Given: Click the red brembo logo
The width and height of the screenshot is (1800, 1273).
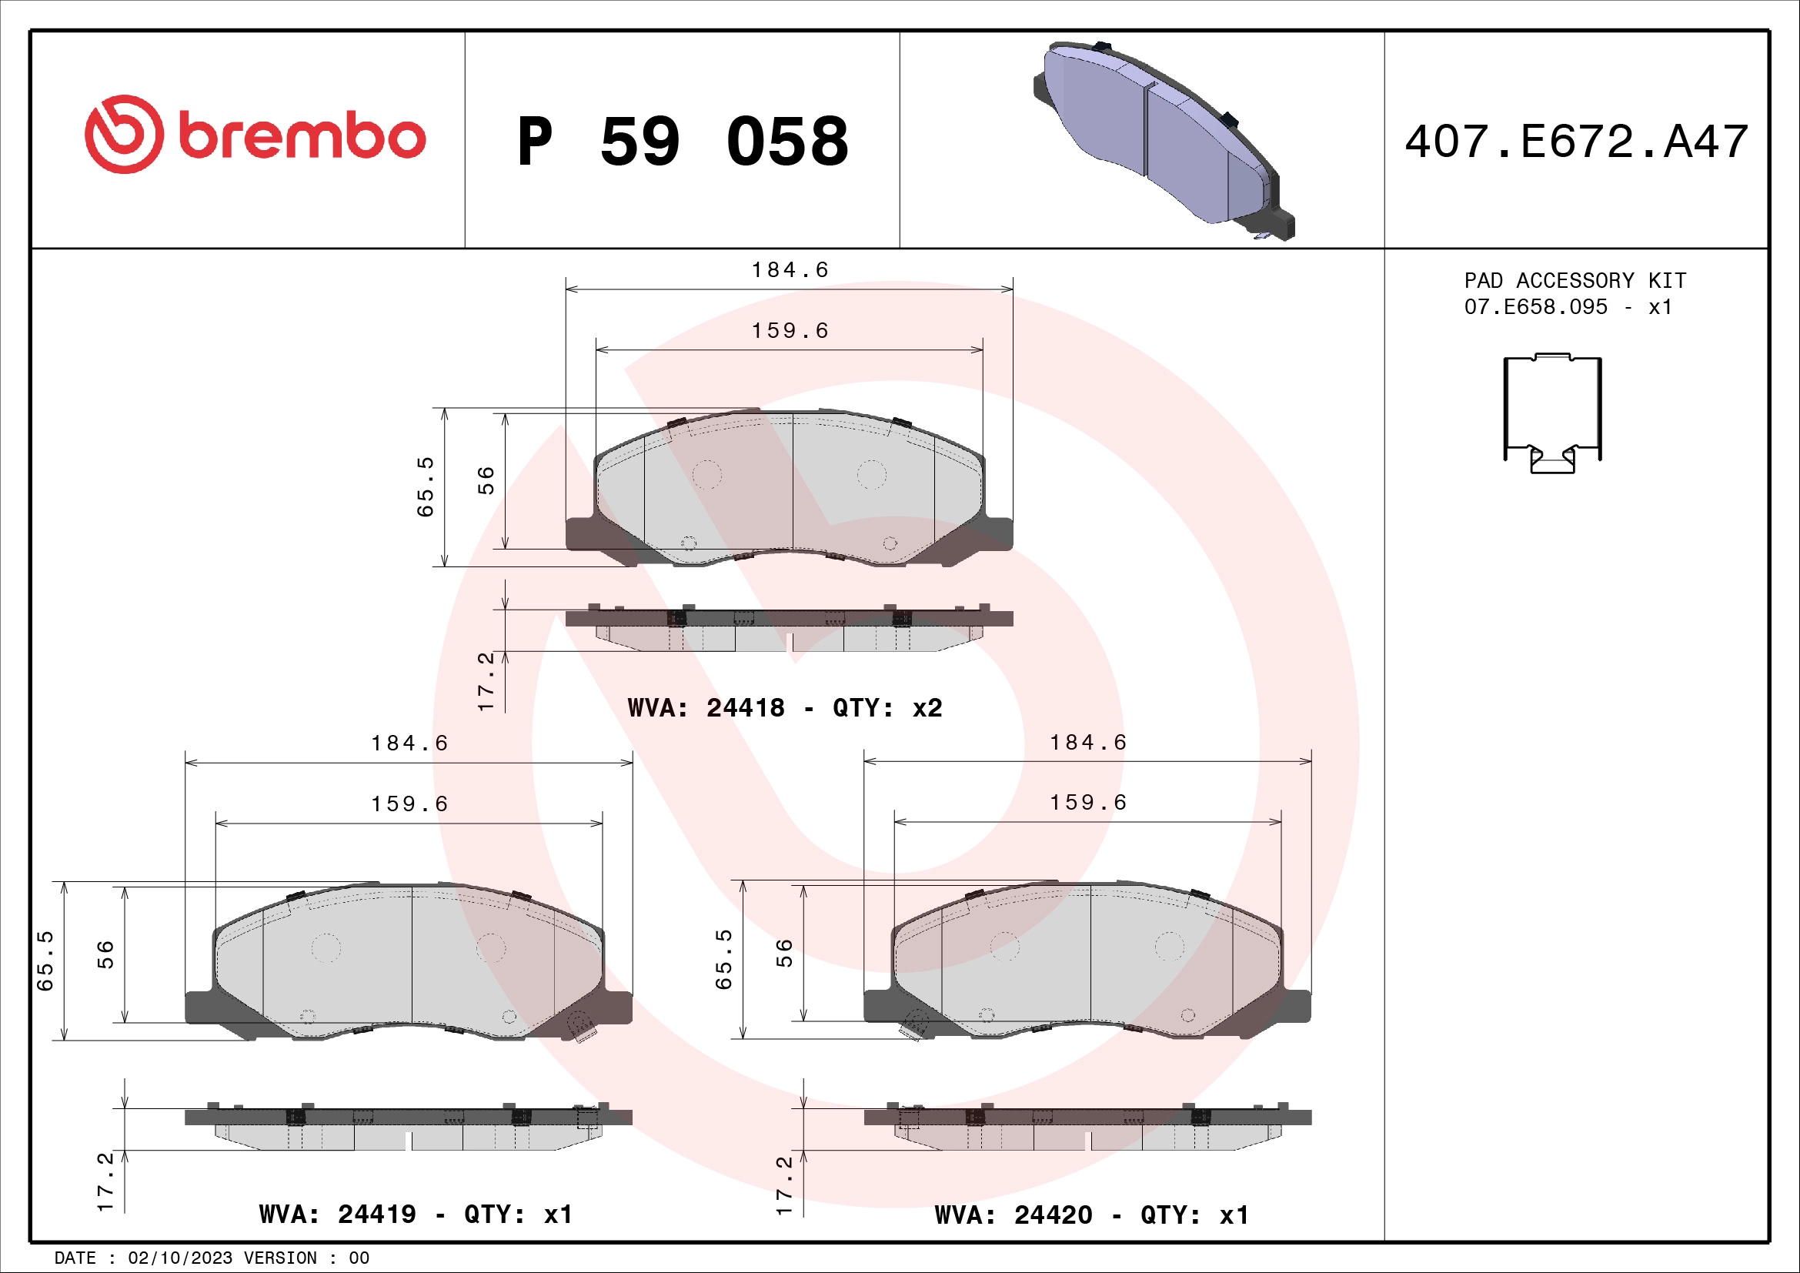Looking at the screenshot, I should tap(255, 135).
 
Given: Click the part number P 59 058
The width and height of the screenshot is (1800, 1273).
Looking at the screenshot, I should tap(682, 142).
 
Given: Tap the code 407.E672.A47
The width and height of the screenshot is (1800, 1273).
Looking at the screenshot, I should tap(1576, 142).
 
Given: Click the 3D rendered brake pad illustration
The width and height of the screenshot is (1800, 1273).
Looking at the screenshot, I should tap(1164, 139).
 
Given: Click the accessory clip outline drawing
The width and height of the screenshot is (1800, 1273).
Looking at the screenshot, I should tap(1552, 413).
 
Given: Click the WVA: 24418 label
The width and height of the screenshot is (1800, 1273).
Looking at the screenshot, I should tap(706, 708).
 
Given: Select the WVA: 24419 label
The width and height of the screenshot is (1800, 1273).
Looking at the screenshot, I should tap(337, 1215).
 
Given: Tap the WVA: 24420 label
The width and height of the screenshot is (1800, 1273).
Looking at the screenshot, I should tap(1013, 1215).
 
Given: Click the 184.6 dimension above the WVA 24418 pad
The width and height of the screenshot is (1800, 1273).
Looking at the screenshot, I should tap(790, 270).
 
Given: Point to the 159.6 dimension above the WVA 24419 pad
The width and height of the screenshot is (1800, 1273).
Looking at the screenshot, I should tap(409, 804).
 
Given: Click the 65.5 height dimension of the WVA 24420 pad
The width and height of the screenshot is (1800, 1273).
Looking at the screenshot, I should tap(723, 960).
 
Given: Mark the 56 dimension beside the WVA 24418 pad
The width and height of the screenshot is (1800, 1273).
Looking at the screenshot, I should tap(486, 479).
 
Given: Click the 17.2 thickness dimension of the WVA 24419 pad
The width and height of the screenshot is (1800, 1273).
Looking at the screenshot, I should tap(105, 1181).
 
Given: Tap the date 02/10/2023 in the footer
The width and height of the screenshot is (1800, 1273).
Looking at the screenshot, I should tap(179, 1258).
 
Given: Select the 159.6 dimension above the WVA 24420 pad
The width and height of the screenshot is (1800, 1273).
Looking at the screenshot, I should tap(1088, 803).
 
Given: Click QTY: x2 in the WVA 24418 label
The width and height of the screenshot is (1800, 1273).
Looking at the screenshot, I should tap(887, 708).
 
